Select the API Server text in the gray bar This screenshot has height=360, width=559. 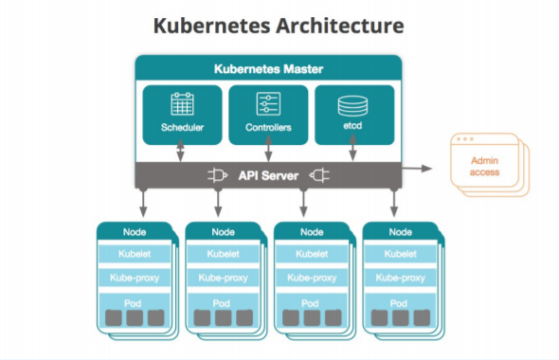[267, 175]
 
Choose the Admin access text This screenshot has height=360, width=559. [484, 168]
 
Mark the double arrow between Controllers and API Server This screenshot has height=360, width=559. [269, 151]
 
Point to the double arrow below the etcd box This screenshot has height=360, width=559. [353, 151]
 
